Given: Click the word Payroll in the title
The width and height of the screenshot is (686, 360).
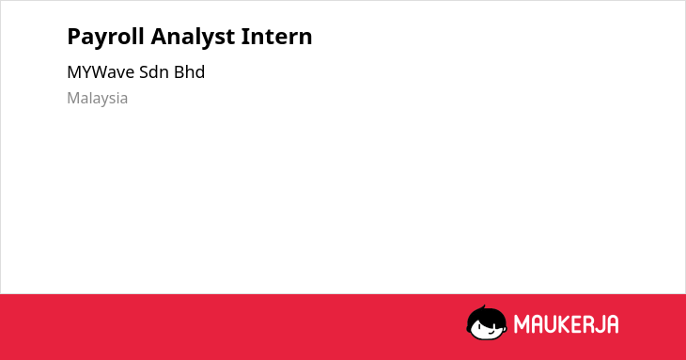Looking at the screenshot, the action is pyautogui.click(x=105, y=38).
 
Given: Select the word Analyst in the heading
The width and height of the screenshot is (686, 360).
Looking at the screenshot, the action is pyautogui.click(x=193, y=38).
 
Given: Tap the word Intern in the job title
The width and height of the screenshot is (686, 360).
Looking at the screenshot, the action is pyautogui.click(x=276, y=36).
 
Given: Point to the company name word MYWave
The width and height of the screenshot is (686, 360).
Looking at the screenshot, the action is pyautogui.click(x=101, y=72).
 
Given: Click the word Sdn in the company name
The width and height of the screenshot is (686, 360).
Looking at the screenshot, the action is pyautogui.click(x=153, y=72).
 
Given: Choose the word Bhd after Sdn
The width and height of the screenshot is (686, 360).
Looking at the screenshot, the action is pyautogui.click(x=189, y=72).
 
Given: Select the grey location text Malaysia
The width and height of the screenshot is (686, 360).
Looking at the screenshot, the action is pyautogui.click(x=97, y=99).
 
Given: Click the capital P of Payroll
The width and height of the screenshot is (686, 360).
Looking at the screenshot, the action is pyautogui.click(x=74, y=36).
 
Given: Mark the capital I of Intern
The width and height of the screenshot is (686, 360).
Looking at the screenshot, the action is pyautogui.click(x=245, y=36).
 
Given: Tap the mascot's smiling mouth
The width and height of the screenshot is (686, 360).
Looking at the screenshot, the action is pyautogui.click(x=491, y=331).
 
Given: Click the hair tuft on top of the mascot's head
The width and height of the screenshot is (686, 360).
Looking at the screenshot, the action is pyautogui.click(x=483, y=307).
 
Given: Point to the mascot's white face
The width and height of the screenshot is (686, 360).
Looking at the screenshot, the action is pyautogui.click(x=486, y=329).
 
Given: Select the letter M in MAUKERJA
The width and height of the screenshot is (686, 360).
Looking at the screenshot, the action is pyautogui.click(x=522, y=324).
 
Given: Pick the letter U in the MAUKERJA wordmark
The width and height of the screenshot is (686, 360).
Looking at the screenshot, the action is pyautogui.click(x=551, y=324).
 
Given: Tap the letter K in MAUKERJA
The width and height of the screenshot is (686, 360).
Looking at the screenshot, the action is pyautogui.click(x=566, y=324).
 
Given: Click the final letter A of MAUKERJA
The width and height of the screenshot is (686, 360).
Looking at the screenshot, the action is pyautogui.click(x=613, y=324).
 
